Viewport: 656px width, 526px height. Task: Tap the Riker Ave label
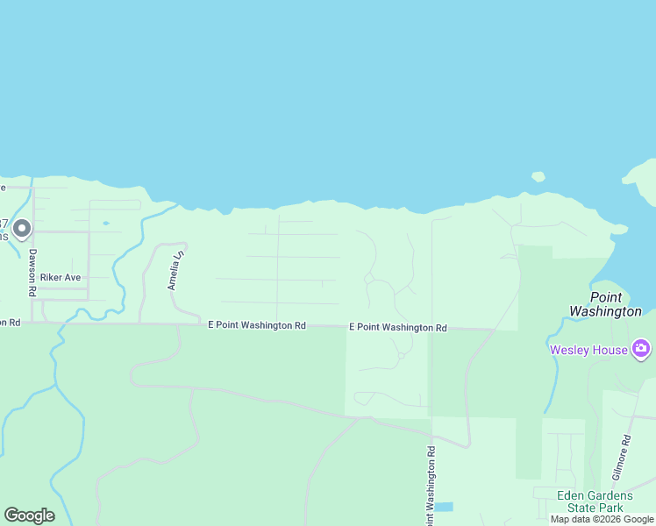click(61, 277)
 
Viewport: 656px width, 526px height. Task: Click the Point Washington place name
click(605, 304)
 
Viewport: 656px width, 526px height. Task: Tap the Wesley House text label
click(588, 350)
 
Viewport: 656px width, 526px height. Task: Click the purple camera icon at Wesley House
click(641, 349)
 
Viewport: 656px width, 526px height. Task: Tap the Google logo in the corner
click(29, 515)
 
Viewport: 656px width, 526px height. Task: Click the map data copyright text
click(602, 519)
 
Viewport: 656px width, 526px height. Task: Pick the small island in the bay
click(538, 176)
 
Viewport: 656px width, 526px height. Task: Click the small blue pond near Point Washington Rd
click(444, 507)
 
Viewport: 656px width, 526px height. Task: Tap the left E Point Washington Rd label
click(256, 325)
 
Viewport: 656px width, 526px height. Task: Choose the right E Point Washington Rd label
click(397, 327)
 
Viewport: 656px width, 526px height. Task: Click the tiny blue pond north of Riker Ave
click(105, 223)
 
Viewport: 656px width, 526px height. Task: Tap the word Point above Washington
click(606, 297)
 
